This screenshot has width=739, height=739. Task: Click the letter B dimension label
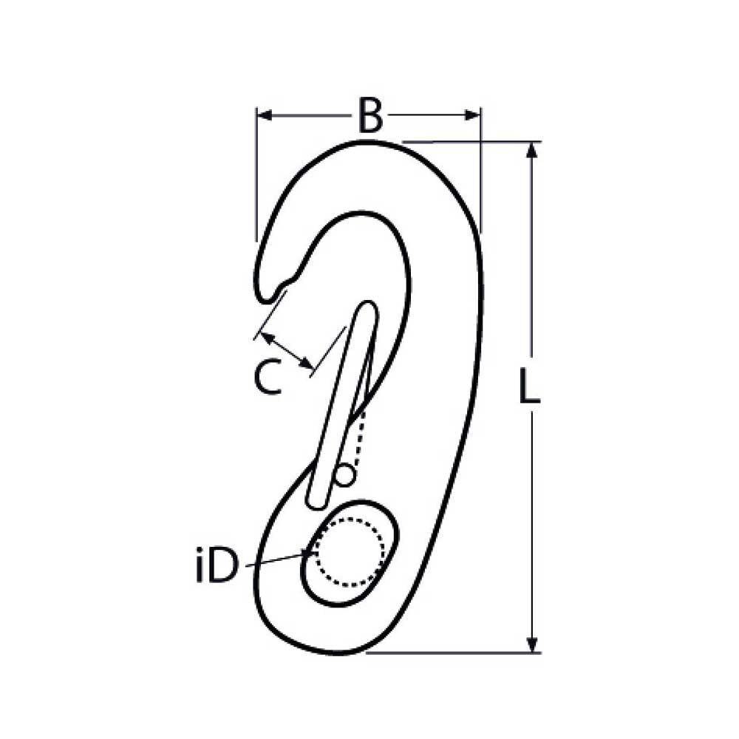(370, 115)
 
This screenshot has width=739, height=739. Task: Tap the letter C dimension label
(268, 376)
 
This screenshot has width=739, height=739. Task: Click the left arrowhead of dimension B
(265, 115)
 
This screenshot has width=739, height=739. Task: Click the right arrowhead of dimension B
(472, 115)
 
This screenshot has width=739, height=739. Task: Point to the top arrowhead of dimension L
(532, 150)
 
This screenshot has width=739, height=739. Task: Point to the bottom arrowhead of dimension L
(532, 644)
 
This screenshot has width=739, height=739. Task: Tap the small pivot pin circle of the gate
(344, 475)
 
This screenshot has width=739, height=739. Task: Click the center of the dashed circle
(349, 552)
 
